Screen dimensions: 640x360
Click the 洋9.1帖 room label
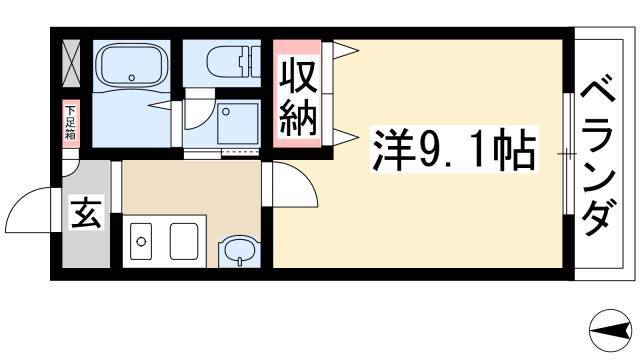pyautogui.click(x=454, y=150)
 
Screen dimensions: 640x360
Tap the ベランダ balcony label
pyautogui.click(x=598, y=155)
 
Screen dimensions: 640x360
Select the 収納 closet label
pyautogui.click(x=298, y=98)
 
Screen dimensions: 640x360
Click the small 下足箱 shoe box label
pyautogui.click(x=71, y=122)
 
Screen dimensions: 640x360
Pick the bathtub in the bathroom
pyautogui.click(x=131, y=65)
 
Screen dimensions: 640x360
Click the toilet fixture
pyautogui.click(x=233, y=61)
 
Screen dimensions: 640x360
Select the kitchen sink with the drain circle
pyautogui.click(x=141, y=242)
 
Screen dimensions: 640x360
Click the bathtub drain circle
pyautogui.click(x=131, y=78)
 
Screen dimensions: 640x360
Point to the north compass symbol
pyautogui.click(x=609, y=330)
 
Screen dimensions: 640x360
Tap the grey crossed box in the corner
pyautogui.click(x=71, y=63)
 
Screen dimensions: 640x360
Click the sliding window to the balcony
pyautogui.click(x=568, y=154)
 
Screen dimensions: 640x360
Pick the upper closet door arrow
pyautogui.click(x=346, y=51)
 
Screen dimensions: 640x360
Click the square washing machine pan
pyautogui.click(x=238, y=124)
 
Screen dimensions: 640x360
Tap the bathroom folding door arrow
pyautogui.click(x=160, y=105)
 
